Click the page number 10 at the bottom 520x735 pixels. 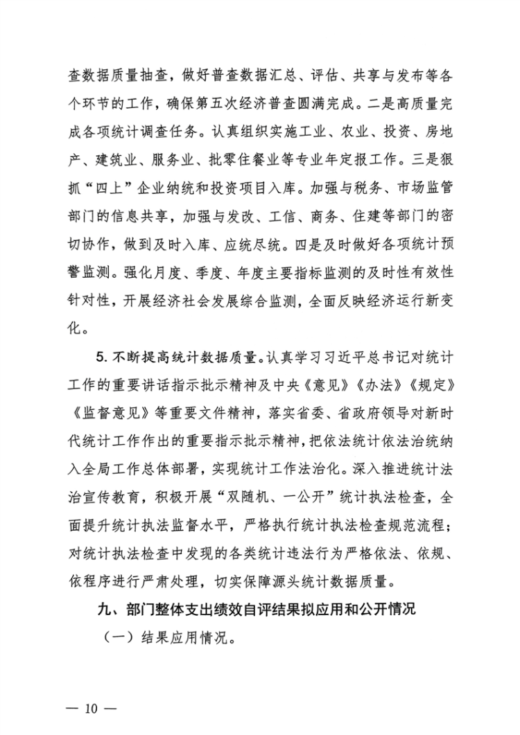[x=90, y=708]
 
